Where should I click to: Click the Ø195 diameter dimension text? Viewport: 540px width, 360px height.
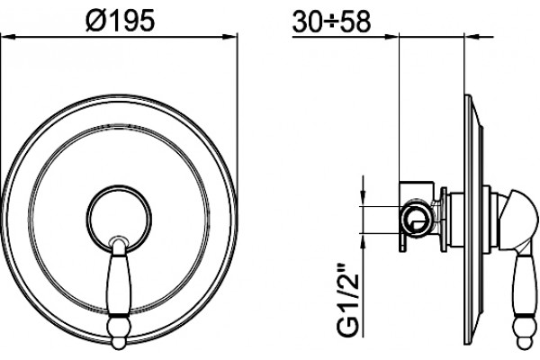(x=121, y=21)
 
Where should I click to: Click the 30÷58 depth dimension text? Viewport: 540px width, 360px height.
(x=331, y=22)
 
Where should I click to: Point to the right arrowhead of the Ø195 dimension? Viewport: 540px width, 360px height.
(x=230, y=37)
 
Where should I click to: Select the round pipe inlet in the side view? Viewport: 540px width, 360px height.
(x=417, y=219)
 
